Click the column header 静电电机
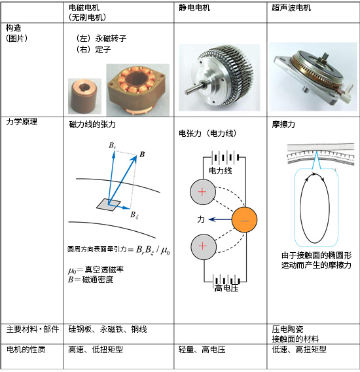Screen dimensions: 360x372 (194, 8)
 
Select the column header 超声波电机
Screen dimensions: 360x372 (291, 8)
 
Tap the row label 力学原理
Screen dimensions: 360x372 (22, 122)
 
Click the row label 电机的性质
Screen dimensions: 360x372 (26, 349)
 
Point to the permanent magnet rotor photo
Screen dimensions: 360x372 (84, 96)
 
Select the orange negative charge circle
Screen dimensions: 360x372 (244, 219)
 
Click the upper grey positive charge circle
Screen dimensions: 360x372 (203, 192)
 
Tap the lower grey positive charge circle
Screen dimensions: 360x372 (204, 247)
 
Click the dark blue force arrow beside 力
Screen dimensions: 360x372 (221, 219)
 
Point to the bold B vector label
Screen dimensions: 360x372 (142, 155)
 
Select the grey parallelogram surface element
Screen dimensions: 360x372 (109, 204)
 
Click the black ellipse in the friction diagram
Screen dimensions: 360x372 (315, 208)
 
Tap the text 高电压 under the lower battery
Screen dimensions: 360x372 (226, 288)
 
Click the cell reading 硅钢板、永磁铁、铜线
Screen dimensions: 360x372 (107, 329)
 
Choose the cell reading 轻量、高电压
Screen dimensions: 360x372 (202, 350)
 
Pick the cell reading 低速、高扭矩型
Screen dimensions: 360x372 (299, 349)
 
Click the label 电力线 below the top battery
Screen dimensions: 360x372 (221, 170)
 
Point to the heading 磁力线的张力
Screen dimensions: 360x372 (92, 124)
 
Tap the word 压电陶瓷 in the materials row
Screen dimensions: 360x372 (287, 329)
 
